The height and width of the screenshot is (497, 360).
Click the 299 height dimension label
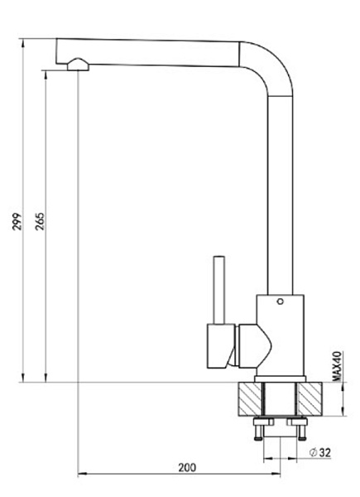pos(17,221)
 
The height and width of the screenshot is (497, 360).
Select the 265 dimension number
pos(41,221)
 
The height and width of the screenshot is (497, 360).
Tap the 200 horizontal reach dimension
pos(187,467)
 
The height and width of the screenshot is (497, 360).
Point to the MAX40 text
pos(337,366)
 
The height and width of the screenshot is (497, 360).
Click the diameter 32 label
pos(320,452)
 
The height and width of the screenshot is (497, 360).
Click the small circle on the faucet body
pos(280,302)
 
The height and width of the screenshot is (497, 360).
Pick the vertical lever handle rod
pos(219,290)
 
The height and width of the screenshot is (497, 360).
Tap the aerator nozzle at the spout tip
pos(78,65)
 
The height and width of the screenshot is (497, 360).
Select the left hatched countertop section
pos(250,399)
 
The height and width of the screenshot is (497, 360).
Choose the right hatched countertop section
pos(310,399)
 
